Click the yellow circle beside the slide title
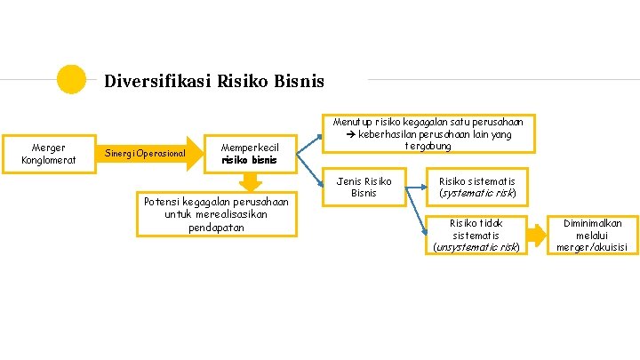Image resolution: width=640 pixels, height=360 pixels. click(x=71, y=79)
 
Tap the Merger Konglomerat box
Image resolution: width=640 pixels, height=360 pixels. click(x=48, y=153)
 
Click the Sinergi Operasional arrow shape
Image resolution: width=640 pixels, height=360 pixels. click(x=148, y=154)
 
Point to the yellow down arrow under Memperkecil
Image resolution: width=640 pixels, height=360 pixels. click(x=252, y=181)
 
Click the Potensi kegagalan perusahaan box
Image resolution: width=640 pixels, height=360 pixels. click(x=216, y=214)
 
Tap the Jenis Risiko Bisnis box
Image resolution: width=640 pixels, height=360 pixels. click(x=364, y=187)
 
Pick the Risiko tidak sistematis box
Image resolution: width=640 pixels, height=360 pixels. click(x=476, y=235)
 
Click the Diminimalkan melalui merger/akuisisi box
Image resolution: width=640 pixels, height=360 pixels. click(x=592, y=235)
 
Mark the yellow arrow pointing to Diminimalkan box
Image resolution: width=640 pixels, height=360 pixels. click(x=535, y=235)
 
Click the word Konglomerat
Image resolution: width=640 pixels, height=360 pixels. click(x=48, y=160)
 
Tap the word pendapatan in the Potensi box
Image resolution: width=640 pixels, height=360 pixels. click(x=215, y=228)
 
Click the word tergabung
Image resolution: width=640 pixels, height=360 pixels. click(x=428, y=146)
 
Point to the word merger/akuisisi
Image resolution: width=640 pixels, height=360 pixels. click(x=592, y=247)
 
